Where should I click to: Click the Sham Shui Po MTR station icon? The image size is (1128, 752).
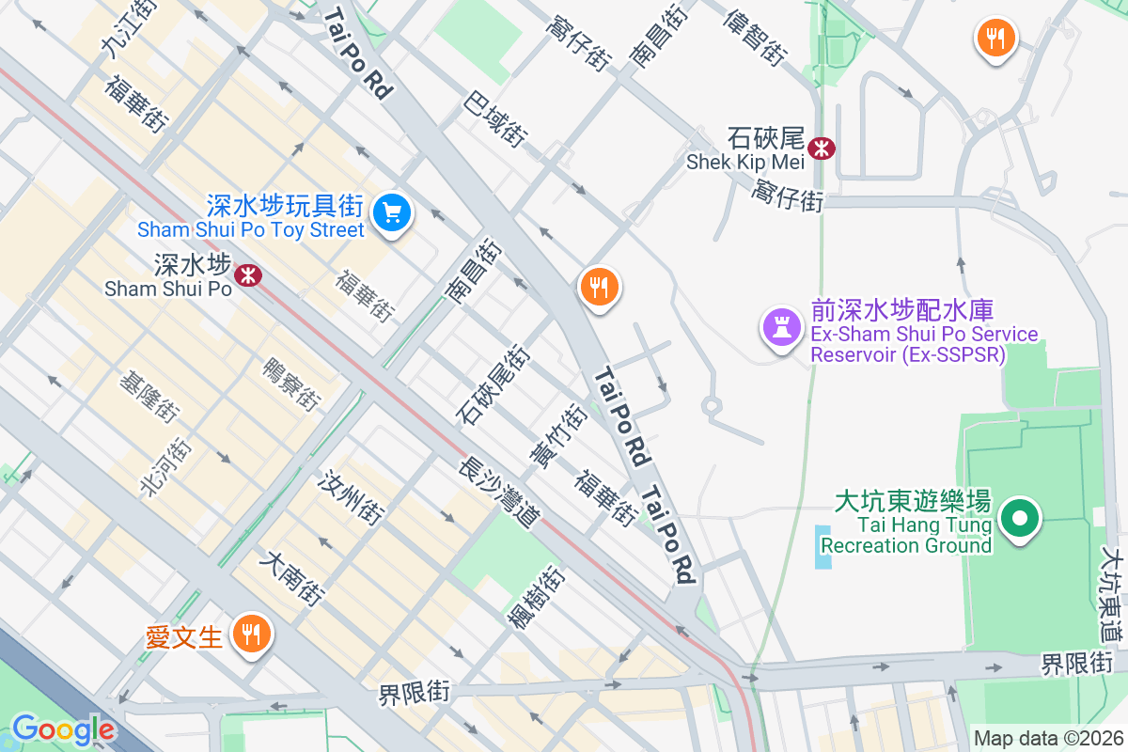click(x=249, y=274)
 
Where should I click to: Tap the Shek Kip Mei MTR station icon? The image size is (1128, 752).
click(x=822, y=148)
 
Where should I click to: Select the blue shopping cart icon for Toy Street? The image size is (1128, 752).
click(x=392, y=213)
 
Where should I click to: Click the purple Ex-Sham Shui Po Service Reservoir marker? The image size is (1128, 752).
click(x=781, y=328)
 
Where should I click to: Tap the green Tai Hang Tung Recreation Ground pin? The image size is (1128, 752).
click(x=1019, y=518)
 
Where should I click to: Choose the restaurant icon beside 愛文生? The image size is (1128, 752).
click(x=250, y=634)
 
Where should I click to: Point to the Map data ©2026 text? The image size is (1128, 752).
click(x=1047, y=738)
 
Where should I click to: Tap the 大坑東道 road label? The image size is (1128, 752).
click(x=1113, y=593)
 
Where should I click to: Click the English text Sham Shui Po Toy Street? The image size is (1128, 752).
click(x=250, y=230)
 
